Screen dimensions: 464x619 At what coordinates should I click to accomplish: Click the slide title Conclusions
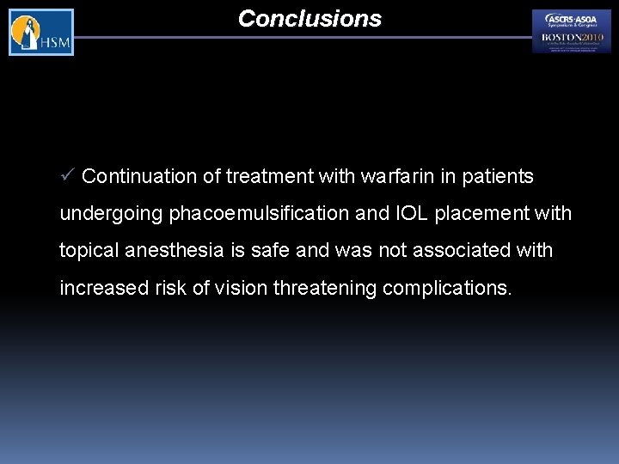tap(309, 19)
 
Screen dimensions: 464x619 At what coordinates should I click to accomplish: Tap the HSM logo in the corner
tap(41, 33)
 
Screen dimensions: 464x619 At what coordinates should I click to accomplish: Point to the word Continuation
tap(140, 177)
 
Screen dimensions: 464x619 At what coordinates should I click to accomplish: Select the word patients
tap(499, 177)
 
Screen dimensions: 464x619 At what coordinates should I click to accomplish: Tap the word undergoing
tap(111, 214)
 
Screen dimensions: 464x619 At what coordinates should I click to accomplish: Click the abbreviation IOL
tap(411, 213)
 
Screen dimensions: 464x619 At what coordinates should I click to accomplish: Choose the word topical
tap(89, 251)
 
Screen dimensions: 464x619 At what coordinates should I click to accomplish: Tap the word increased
tap(99, 288)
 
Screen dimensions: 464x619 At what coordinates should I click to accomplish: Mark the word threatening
tap(325, 288)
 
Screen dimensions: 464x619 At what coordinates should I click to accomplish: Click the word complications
tap(447, 288)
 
